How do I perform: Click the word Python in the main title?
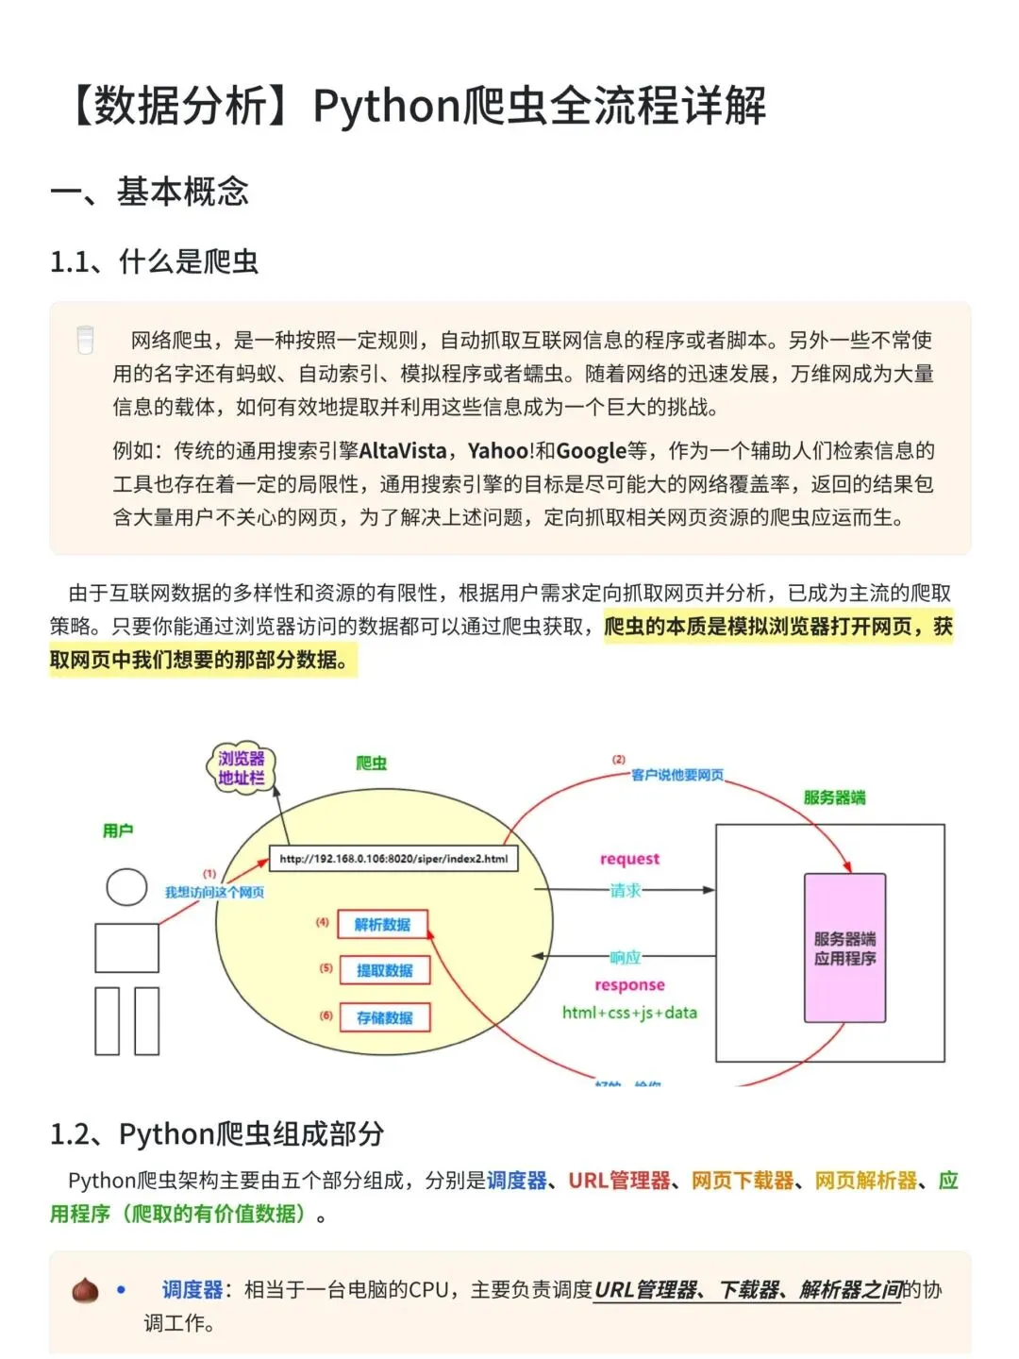coord(386,107)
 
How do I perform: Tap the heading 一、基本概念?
coord(150,192)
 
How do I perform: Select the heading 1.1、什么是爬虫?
coord(155,261)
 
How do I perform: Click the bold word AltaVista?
coord(402,451)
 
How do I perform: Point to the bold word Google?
coord(591,451)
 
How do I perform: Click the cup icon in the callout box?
coord(85,340)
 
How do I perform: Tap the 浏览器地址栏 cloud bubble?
coord(241,768)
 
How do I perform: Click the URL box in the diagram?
coord(393,859)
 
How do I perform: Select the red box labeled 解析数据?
coord(382,925)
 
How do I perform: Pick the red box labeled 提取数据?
coord(384,970)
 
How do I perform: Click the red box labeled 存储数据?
coord(384,1017)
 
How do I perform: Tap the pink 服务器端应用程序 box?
coord(844,948)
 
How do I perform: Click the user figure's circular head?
coord(126,887)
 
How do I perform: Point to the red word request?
coord(629,859)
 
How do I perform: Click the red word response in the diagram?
coord(629,985)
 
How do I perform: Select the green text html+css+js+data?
coord(629,1013)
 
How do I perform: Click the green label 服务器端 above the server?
coord(834,797)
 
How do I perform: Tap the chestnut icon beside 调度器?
coord(85,1290)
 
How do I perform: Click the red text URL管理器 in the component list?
coord(619,1181)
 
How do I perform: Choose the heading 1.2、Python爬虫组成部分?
coord(217,1133)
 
